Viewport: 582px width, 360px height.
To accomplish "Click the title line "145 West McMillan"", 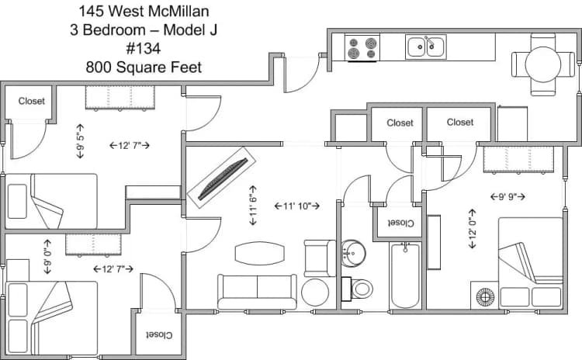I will (x=144, y=12).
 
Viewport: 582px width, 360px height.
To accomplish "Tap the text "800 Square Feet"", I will (x=144, y=67).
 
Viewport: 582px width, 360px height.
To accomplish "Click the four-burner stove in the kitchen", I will (x=362, y=47).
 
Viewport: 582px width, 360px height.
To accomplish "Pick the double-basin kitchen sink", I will (x=426, y=47).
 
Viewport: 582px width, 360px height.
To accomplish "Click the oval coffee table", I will (x=259, y=253).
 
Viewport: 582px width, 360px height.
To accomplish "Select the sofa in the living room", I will (x=256, y=292).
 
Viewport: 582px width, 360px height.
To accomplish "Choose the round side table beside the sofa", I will (x=317, y=292).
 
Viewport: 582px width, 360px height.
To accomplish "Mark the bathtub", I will (x=405, y=275).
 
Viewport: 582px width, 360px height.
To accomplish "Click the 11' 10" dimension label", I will (x=298, y=206).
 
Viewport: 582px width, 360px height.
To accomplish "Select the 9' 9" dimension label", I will (x=511, y=196).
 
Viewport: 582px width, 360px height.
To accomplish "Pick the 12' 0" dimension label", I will (x=472, y=228).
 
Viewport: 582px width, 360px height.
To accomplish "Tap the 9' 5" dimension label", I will (x=80, y=140).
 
